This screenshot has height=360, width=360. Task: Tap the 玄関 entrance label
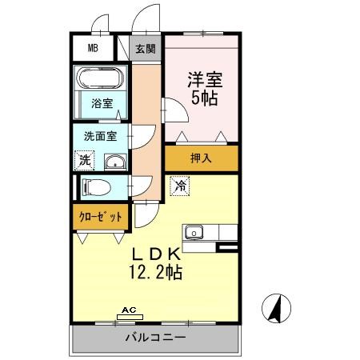click(x=145, y=49)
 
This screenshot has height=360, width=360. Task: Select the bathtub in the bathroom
click(x=101, y=80)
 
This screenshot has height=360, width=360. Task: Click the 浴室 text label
click(x=102, y=104)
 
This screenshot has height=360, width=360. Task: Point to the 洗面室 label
click(x=101, y=136)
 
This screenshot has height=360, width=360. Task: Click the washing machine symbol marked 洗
click(x=85, y=160)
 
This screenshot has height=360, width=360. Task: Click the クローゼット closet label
click(x=101, y=217)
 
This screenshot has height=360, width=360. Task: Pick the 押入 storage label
click(x=202, y=158)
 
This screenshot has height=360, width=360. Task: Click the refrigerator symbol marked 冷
click(x=180, y=187)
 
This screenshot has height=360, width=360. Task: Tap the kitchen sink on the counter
click(x=194, y=233)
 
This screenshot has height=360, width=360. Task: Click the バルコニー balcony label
click(x=155, y=338)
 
